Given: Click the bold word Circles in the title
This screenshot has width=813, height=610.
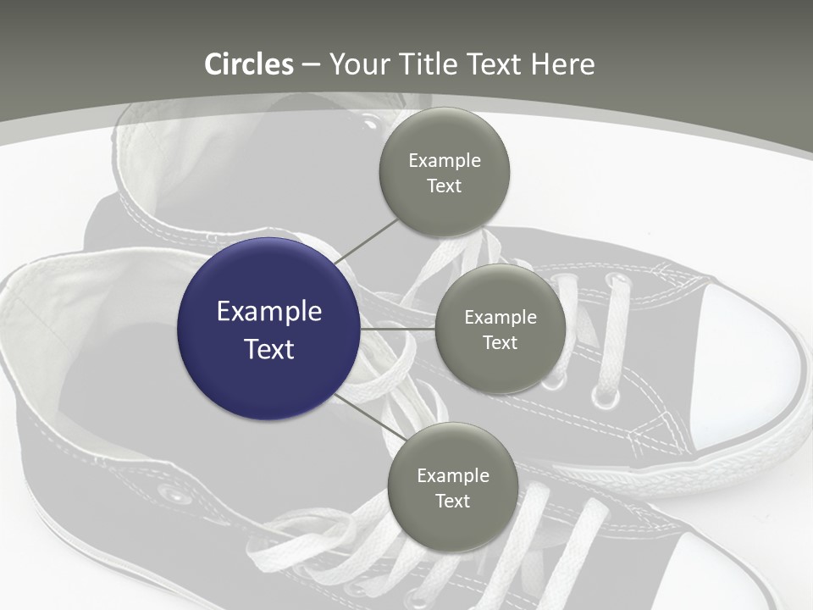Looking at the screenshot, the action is click(x=249, y=64).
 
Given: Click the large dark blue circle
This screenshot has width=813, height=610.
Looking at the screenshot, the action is click(x=268, y=329).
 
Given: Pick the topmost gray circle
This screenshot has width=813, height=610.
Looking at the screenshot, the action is click(x=445, y=172).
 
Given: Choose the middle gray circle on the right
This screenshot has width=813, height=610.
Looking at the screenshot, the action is click(x=501, y=329).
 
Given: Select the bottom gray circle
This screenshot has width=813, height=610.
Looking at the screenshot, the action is click(x=452, y=487).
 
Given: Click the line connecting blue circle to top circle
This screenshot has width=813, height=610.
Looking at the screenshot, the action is click(x=367, y=241).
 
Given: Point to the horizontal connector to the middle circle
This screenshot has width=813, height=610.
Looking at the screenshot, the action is click(x=398, y=329).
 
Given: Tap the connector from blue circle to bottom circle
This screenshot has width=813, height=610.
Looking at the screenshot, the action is click(x=370, y=418).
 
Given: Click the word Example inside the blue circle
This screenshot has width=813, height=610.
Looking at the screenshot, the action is click(x=269, y=313).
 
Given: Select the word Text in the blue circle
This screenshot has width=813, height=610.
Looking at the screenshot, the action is click(x=269, y=348).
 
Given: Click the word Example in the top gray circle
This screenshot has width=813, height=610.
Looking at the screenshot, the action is click(x=445, y=161).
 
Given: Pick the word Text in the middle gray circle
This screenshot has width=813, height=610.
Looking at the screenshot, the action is click(x=501, y=342).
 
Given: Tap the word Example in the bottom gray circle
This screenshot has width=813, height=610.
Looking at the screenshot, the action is click(x=453, y=476).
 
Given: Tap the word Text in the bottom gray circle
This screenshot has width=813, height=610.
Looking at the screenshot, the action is click(x=452, y=501).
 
